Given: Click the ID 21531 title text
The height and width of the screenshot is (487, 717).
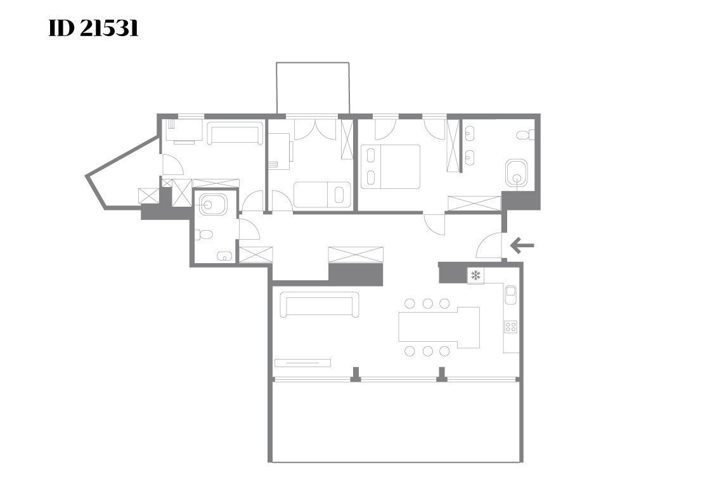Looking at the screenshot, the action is [93, 29].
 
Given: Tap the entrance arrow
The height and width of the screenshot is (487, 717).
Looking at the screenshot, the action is [522, 245].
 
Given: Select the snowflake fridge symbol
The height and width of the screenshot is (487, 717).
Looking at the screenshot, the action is [475, 275].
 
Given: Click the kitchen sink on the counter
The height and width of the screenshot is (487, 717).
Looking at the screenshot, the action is [511, 294].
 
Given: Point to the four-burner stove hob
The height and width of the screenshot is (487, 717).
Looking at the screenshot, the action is [510, 327].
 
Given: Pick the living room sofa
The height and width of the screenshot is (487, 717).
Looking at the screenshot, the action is [319, 304].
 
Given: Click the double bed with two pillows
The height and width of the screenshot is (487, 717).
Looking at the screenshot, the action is [391, 166].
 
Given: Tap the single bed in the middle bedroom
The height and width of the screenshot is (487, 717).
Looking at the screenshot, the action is [322, 195].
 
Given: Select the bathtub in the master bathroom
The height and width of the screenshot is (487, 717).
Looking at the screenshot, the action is [517, 173].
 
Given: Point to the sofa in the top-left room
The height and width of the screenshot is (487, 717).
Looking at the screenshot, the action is [235, 133].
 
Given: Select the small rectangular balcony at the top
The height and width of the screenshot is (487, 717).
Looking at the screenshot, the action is [313, 88].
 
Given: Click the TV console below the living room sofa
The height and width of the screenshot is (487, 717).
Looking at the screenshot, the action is [302, 363].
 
